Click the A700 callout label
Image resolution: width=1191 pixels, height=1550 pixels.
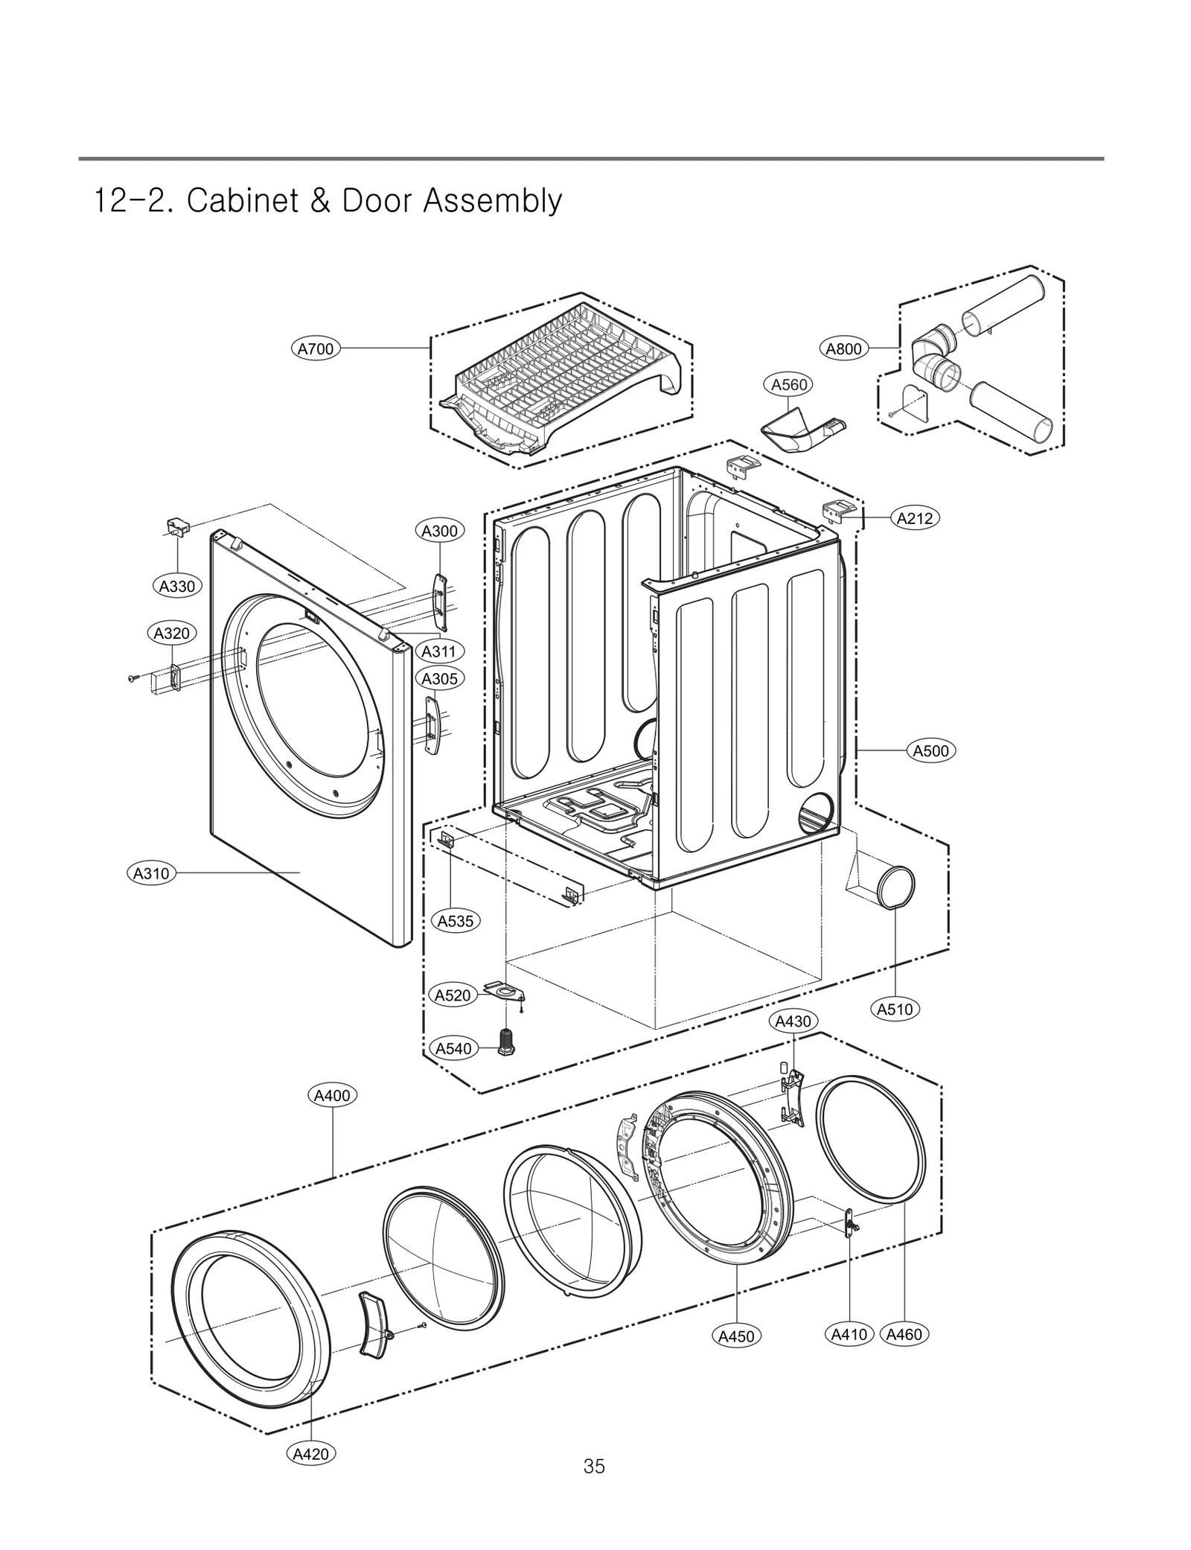pos(315,348)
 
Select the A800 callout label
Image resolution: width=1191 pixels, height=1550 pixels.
pos(844,348)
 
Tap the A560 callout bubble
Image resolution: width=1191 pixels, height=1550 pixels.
pos(788,384)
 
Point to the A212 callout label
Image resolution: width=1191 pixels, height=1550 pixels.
pos(915,518)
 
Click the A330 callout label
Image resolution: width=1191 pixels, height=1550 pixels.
pos(177,586)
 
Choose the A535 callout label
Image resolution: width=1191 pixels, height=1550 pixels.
pos(455,921)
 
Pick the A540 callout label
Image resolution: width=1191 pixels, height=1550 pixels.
pos(453,1048)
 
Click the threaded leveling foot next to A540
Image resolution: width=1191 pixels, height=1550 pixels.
pos(507,1040)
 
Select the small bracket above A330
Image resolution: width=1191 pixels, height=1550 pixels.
pos(177,526)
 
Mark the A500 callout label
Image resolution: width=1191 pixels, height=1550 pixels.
pos(931,750)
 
